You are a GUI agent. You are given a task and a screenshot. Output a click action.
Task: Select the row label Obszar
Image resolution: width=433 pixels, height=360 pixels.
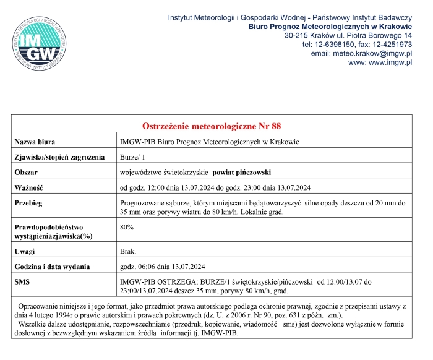click(x=27, y=172)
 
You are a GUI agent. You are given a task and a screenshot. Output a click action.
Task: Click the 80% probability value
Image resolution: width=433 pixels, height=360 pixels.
click(x=127, y=228)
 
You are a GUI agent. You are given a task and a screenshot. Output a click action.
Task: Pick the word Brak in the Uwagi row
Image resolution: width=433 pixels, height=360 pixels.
click(x=127, y=251)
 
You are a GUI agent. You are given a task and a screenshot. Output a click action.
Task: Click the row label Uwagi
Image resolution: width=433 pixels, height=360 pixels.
click(x=25, y=251)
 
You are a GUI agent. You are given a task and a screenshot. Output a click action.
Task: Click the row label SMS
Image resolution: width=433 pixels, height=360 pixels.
click(x=22, y=282)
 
